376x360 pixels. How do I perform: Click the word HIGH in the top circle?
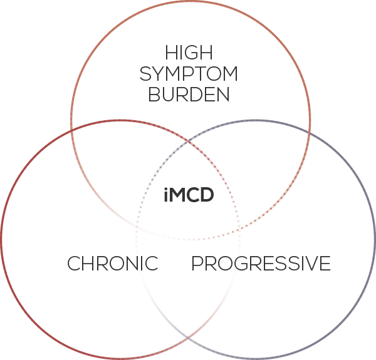pos(188,53)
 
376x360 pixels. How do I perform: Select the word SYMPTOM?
pos(189,74)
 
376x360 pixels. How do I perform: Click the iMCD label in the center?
pos(188,195)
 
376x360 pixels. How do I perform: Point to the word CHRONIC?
pos(113,264)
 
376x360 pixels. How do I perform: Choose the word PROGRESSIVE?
pos(261,264)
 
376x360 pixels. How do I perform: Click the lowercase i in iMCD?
pos(164,195)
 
